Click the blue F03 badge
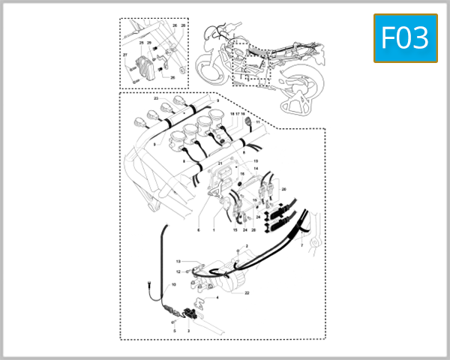(405, 37)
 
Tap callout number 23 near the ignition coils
(156, 99)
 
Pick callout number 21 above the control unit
(220, 163)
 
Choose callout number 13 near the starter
(178, 261)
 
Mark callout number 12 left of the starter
(178, 271)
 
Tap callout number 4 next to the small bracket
(217, 297)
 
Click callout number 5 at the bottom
(175, 330)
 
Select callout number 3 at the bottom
(188, 330)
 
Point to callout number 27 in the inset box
(125, 55)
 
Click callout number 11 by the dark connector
(257, 121)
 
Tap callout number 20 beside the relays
(283, 190)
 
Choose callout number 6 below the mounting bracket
(199, 230)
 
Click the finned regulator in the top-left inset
(145, 69)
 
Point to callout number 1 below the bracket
(214, 230)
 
